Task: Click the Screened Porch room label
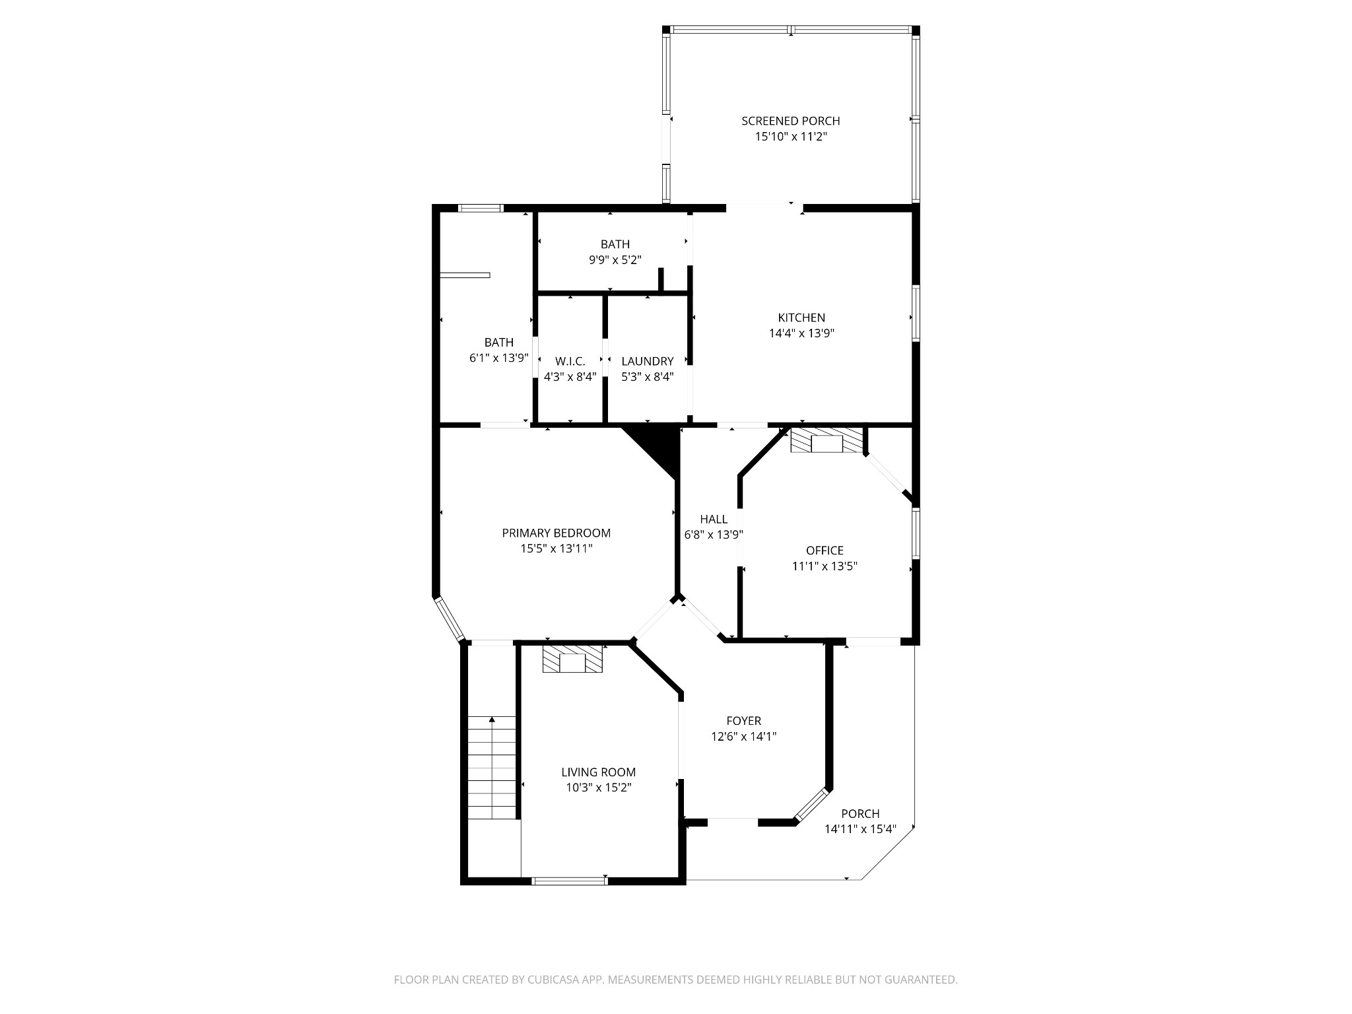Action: click(790, 121)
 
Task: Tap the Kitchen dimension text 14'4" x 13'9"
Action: click(801, 333)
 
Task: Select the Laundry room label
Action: click(648, 361)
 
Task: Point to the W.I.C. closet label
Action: click(570, 361)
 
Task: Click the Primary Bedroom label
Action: click(557, 533)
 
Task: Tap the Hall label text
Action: click(714, 520)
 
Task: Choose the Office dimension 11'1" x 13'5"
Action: click(825, 566)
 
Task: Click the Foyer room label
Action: click(743, 721)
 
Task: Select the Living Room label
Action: click(599, 772)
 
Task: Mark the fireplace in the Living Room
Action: click(572, 659)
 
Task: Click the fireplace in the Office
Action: click(827, 440)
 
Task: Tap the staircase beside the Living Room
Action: click(492, 768)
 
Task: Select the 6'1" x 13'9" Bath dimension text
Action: click(499, 358)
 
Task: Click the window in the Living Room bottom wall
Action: click(570, 880)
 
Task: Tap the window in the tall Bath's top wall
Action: click(481, 209)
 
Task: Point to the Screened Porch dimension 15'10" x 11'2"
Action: click(791, 137)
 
